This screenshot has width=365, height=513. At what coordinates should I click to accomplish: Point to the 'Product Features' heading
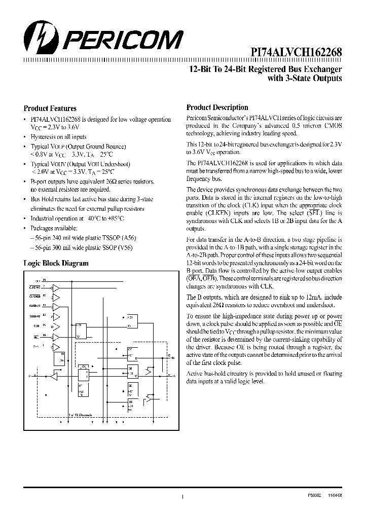coord(50,108)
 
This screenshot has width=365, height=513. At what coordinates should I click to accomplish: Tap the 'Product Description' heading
coord(217,107)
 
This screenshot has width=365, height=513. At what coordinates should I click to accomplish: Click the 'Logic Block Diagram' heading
coord(56,263)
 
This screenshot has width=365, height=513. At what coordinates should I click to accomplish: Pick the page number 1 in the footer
coord(182,497)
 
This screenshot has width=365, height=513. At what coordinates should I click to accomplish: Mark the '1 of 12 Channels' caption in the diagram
coord(80,414)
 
